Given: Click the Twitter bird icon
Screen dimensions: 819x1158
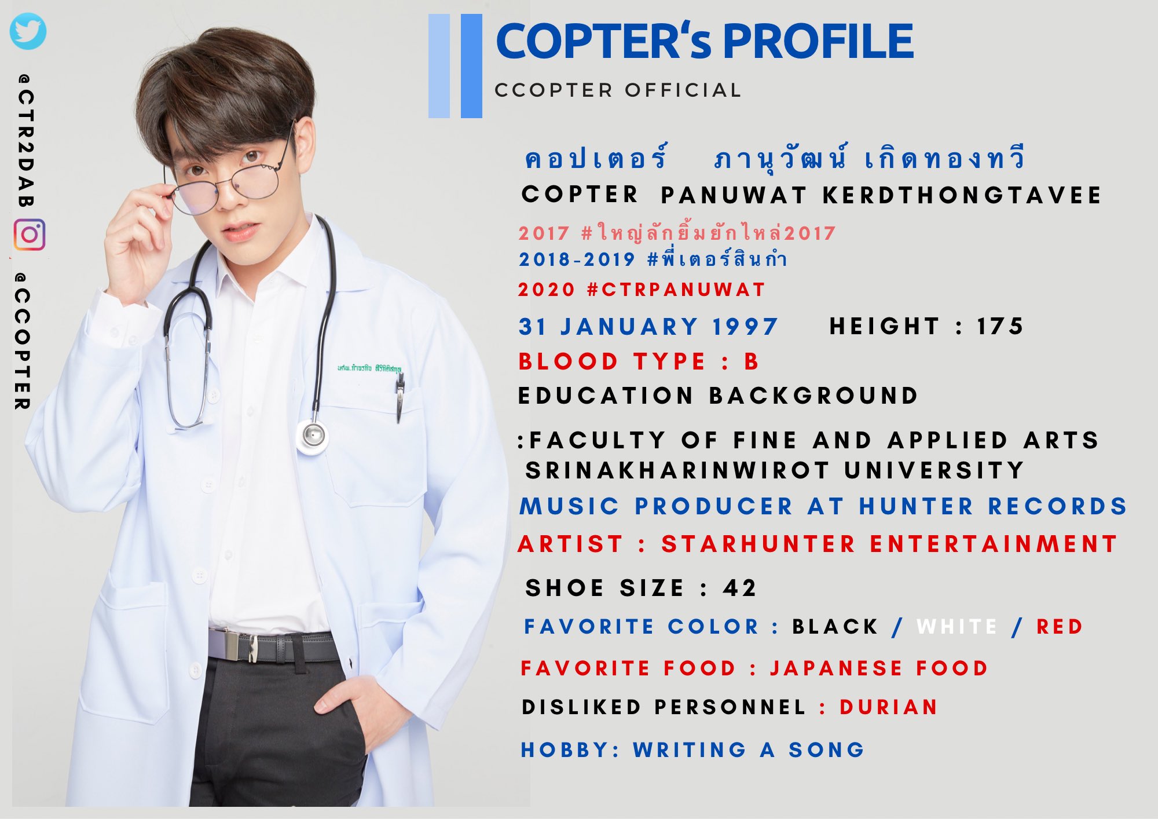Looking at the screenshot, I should pos(28,31).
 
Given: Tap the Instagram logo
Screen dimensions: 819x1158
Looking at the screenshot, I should pos(30,235).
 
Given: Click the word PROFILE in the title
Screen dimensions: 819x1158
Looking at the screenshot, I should pos(818,42).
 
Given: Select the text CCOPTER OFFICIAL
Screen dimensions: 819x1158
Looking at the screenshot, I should pos(618,90).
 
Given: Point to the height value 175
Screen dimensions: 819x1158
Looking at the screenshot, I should pos(1000,326).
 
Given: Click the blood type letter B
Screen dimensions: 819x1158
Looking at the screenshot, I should pos(752,361).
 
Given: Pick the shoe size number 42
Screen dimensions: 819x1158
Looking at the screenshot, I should pos(739,588).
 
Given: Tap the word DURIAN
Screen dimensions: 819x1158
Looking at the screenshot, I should pos(888,707).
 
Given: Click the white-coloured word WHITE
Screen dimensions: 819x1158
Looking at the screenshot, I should pos(957,627).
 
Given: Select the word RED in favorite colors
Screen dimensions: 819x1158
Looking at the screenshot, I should pos(1060,627).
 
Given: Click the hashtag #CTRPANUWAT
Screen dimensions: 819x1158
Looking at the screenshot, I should pos(676,290).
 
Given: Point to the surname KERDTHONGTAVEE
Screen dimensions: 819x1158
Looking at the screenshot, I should pos(962,195).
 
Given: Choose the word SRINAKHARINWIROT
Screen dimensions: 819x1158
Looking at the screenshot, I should pos(677,470).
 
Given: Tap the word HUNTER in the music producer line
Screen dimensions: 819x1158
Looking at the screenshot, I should pos(915,506).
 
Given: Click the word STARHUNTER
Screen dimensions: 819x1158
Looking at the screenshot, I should pos(758,544).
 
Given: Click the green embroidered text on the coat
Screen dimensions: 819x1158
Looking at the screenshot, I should pos(369,368).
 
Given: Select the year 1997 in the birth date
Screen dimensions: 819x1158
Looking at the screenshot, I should pos(745,327).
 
